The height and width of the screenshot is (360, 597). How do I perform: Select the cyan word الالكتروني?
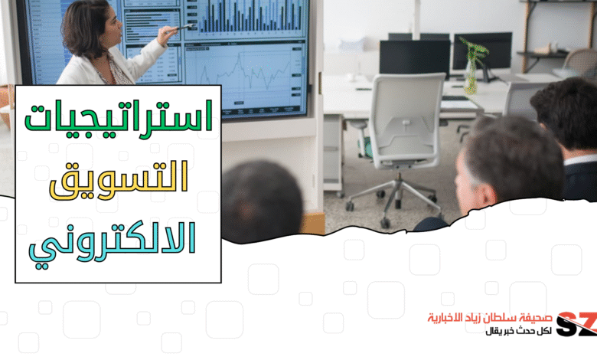pos(113,244)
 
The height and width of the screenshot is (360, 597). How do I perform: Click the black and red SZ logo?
pos(576,324)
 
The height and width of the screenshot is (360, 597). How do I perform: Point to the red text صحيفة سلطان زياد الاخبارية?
pos(490,317)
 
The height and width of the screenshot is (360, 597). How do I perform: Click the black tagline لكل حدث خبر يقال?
pos(519,331)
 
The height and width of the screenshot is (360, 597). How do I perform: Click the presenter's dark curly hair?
pos(84,28)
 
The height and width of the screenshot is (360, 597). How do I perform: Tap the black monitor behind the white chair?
pos(414,57)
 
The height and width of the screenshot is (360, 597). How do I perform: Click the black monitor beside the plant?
pos(483,51)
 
